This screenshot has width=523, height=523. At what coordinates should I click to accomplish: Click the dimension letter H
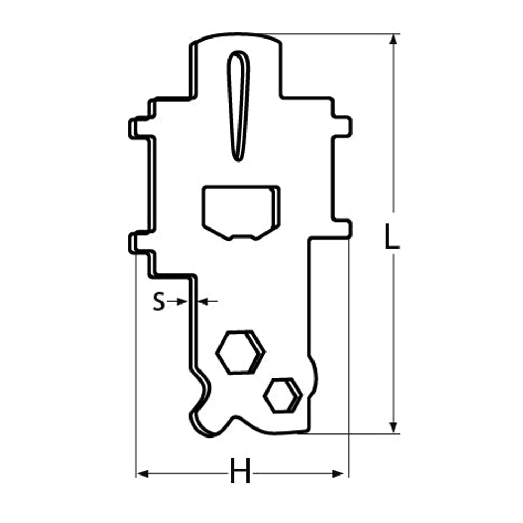240,471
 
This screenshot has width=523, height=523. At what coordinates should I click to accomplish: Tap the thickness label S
159,301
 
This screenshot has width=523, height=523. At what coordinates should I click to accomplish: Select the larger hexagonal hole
241,352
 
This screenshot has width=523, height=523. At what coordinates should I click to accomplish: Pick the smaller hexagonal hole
283,396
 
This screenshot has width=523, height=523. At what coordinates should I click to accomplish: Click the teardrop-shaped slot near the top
238,106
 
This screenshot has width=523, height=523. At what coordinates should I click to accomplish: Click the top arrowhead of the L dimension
394,40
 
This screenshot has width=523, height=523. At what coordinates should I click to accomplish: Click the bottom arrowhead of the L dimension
394,427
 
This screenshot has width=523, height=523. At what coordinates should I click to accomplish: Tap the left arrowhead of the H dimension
142,473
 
